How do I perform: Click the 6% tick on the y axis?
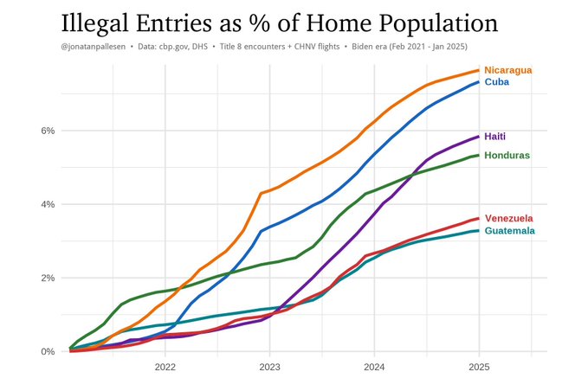point(46,131)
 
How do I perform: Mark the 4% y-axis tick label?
point(46,204)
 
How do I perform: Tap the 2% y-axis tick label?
point(46,278)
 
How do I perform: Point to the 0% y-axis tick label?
point(46,352)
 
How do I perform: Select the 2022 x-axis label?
point(165,367)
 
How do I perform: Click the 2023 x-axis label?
point(269,367)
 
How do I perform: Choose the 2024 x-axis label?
point(374,367)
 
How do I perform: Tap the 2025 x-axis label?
point(479,367)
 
